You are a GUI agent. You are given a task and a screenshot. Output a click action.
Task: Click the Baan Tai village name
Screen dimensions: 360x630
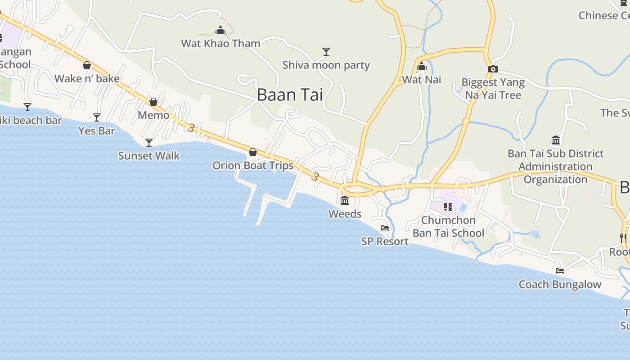pyautogui.click(x=290, y=95)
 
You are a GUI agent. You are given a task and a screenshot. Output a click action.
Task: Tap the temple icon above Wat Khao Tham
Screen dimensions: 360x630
pyautogui.click(x=220, y=31)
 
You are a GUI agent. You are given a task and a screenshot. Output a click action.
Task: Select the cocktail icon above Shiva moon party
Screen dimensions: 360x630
pyautogui.click(x=326, y=52)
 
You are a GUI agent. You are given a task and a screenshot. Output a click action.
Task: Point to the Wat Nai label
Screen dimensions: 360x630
pyautogui.click(x=422, y=80)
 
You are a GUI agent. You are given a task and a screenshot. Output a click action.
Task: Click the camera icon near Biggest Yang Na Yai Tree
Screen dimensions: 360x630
pyautogui.click(x=493, y=69)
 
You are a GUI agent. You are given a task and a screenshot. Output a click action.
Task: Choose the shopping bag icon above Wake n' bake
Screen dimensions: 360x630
pyautogui.click(x=87, y=65)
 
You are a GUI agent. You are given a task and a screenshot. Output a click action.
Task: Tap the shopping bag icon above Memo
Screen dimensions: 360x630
pyautogui.click(x=153, y=102)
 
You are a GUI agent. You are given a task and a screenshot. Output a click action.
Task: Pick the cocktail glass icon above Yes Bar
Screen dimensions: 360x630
pyautogui.click(x=97, y=117)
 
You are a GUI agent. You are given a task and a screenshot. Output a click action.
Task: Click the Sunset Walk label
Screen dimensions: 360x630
pyautogui.click(x=149, y=156)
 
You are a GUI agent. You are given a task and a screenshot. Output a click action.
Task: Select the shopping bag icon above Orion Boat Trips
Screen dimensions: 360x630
pyautogui.click(x=253, y=152)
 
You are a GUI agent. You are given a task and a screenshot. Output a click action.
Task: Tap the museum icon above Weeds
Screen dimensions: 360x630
pyautogui.click(x=345, y=200)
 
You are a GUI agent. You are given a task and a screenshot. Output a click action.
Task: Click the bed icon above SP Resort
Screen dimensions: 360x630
pyautogui.click(x=385, y=228)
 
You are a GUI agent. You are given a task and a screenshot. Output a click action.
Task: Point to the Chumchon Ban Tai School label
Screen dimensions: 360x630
pyautogui.click(x=448, y=226)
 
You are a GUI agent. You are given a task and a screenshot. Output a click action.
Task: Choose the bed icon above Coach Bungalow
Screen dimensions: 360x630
pyautogui.click(x=560, y=271)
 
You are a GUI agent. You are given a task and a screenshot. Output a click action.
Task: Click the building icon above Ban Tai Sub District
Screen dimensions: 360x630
pyautogui.click(x=556, y=140)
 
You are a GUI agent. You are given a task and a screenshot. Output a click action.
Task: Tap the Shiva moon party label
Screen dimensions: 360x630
pyautogui.click(x=326, y=65)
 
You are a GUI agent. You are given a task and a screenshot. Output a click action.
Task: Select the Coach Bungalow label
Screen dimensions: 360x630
pyautogui.click(x=560, y=284)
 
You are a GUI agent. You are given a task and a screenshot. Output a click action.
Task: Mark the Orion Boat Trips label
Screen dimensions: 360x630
pyautogui.click(x=253, y=166)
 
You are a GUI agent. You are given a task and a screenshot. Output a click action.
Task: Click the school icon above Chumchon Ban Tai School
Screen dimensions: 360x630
pyautogui.click(x=448, y=207)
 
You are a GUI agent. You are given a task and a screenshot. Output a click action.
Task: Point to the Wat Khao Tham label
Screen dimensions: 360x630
pyautogui.click(x=220, y=44)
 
